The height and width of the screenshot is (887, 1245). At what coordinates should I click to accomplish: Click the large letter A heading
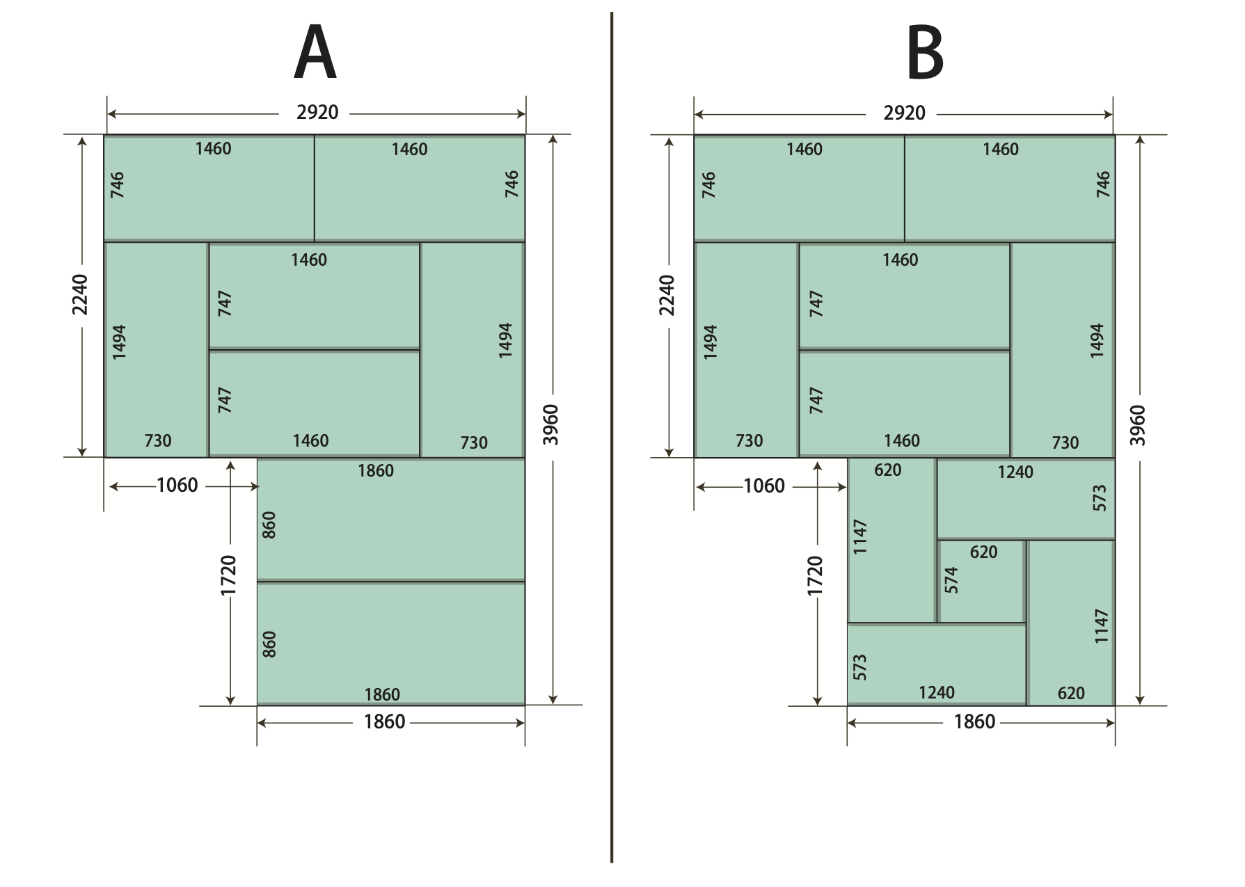315,53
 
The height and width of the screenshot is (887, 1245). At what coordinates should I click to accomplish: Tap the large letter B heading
925,53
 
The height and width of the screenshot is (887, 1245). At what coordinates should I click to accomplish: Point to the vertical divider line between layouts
612,437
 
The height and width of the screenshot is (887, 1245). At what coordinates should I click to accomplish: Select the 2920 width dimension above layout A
317,113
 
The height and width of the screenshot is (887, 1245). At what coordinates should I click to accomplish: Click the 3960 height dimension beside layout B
1138,424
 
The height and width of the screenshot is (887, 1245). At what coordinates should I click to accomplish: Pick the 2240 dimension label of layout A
81,294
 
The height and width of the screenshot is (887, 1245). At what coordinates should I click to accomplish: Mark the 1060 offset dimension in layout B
764,486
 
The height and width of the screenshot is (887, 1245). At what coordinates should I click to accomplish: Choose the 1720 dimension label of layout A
229,575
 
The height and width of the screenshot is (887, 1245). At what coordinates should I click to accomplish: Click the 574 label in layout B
951,580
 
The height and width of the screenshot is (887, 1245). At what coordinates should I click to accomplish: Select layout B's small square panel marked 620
982,582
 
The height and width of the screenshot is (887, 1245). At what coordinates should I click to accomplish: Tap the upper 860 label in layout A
269,525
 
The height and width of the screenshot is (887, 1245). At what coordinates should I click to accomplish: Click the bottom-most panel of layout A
391,644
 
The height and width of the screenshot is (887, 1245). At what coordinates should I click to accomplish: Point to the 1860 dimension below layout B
974,722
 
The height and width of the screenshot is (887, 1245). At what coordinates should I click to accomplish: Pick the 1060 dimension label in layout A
177,485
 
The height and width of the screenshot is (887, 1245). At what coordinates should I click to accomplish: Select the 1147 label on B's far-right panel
1101,626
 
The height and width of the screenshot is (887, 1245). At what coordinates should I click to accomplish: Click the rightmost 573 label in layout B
1100,498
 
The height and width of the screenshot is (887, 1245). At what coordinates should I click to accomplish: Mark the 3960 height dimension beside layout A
550,424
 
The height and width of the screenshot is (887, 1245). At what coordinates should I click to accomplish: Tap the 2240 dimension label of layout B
667,295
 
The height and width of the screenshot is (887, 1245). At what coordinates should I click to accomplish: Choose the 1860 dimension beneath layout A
384,721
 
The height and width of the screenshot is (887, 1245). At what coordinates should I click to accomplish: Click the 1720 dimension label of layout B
816,575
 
